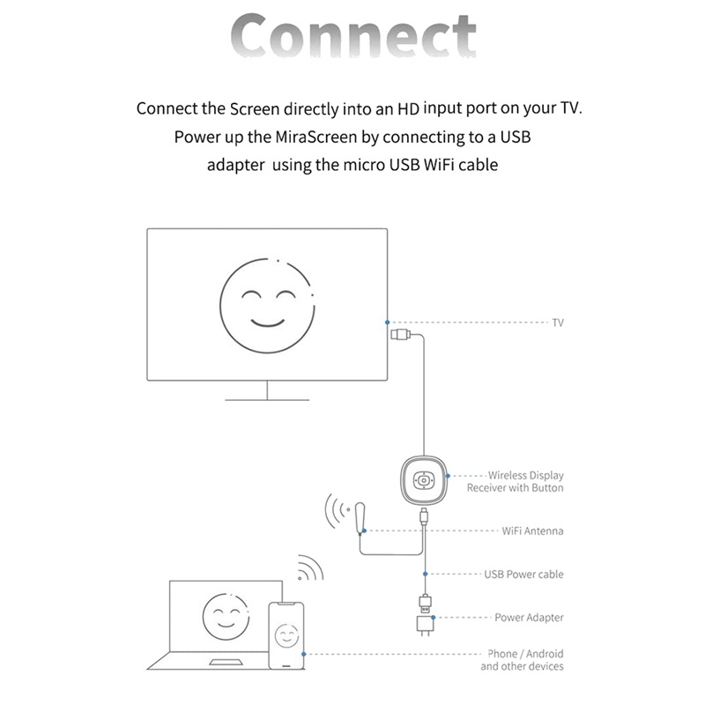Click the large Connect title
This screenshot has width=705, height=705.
tap(353, 35)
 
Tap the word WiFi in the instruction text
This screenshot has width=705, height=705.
tap(439, 165)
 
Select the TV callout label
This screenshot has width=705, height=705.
tap(558, 323)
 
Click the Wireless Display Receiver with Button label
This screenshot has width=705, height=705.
tap(516, 481)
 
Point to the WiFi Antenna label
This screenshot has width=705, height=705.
tap(533, 531)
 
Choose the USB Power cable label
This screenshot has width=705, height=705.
tap(523, 575)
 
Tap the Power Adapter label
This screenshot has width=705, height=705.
tap(530, 618)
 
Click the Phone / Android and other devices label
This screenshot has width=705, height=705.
tap(522, 660)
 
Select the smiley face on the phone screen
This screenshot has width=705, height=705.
tap(286, 635)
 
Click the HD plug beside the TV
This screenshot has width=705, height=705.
tap(400, 335)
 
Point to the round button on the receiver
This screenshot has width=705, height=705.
tap(424, 481)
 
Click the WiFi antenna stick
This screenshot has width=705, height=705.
tap(360, 518)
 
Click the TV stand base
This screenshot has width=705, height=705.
tap(267, 400)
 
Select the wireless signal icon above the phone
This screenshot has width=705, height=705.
tap(310, 568)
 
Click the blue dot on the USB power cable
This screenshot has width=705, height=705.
tap(425, 575)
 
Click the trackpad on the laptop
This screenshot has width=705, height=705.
tap(226, 662)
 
